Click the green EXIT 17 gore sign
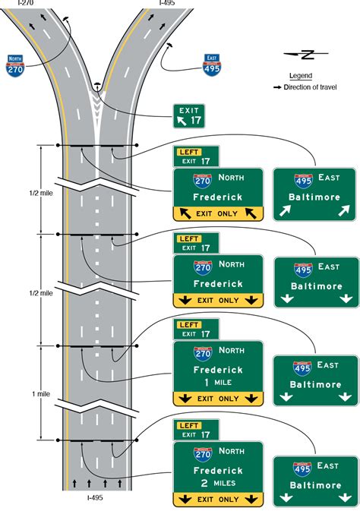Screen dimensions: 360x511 tap(189, 116)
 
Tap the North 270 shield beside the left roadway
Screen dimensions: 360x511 tap(15, 66)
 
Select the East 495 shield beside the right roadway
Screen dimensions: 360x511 tap(212, 65)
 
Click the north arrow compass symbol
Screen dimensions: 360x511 tap(305, 54)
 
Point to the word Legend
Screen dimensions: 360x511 tap(301, 76)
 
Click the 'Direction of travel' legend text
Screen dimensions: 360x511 tap(310, 87)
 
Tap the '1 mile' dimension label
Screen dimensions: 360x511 tap(41, 393)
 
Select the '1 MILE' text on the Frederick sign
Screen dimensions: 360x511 tap(218, 382)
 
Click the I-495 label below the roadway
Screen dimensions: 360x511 tap(95, 497)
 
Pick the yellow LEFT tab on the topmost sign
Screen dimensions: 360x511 tap(189, 152)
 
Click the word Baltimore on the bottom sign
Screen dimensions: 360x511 tap(315, 485)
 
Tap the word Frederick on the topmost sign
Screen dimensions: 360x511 tap(218, 197)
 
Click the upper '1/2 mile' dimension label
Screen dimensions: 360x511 tap(41, 193)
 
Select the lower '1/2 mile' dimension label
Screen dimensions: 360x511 tap(41, 293)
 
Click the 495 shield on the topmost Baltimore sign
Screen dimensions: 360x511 tap(303, 181)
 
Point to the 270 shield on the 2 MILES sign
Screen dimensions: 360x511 tap(203, 454)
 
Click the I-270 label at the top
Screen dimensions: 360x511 tap(25, 3)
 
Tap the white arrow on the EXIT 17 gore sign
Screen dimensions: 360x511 tap(182, 121)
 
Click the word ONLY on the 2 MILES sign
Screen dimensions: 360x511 tap(229, 499)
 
